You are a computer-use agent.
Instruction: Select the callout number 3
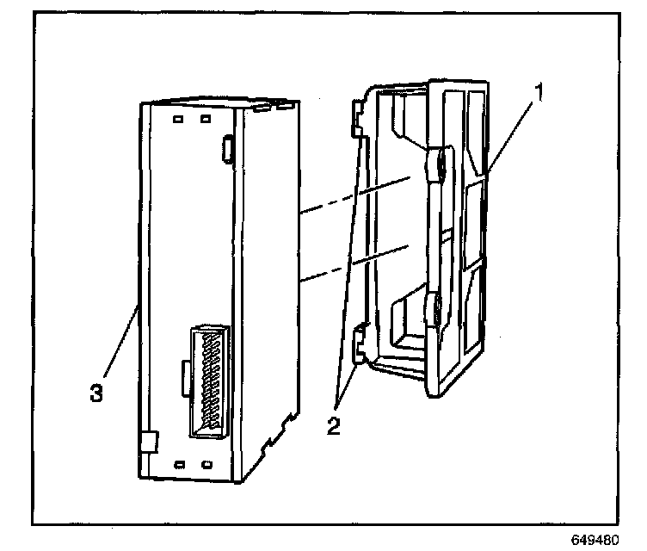pyautogui.click(x=98, y=392)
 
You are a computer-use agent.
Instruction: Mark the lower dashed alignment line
pyautogui.click(x=353, y=264)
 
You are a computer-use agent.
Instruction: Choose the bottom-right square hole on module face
pyautogui.click(x=206, y=465)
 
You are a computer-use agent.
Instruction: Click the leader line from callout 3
pyautogui.click(x=120, y=340)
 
